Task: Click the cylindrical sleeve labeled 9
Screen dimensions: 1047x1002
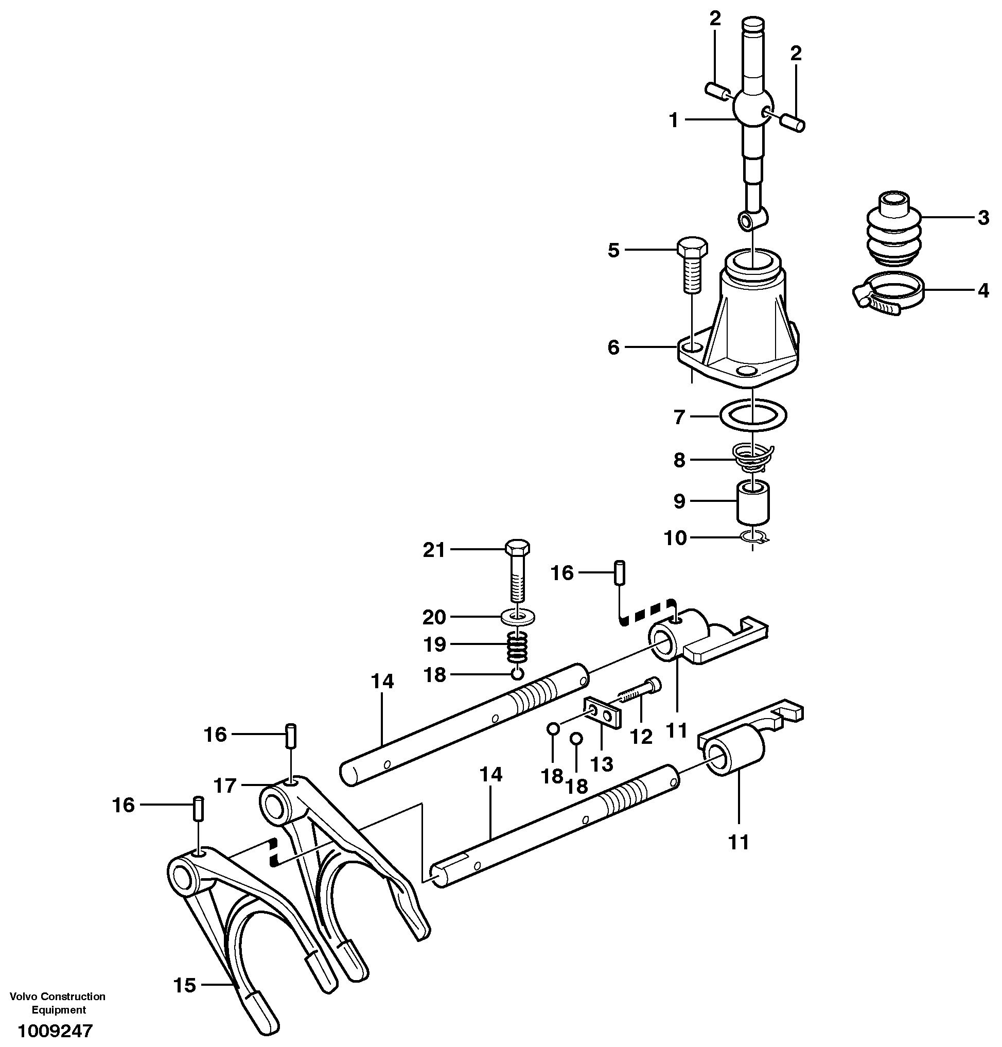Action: [x=753, y=503]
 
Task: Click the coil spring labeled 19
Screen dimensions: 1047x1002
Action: [x=518, y=646]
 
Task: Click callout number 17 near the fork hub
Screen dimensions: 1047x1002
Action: [x=225, y=786]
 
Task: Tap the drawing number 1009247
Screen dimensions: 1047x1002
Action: [x=55, y=1031]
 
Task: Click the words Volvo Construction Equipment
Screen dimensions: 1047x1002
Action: [x=58, y=1003]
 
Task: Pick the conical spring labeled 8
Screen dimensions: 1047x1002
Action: [x=752, y=458]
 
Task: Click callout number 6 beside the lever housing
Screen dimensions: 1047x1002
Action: [x=613, y=348]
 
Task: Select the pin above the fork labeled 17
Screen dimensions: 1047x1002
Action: [x=291, y=736]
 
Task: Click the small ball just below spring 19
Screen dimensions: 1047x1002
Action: [x=517, y=674]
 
